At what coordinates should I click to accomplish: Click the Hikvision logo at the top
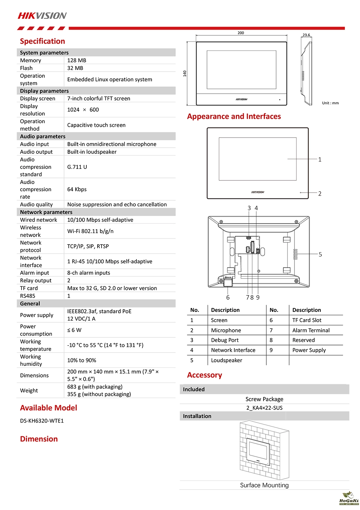pos(42,15)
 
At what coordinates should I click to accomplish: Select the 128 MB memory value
pos(77,61)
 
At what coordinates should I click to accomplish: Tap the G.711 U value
pos(77,167)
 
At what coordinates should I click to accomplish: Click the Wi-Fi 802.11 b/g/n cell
pos(90,231)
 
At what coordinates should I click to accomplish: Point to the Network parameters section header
pos(46,212)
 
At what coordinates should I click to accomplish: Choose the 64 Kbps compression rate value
pos(77,189)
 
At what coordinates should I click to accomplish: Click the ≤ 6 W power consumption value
pos(75,330)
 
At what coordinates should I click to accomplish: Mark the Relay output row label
pos(36,281)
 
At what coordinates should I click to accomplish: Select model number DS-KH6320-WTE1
pos(42,421)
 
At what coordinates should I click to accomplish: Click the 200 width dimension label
pos(241,33)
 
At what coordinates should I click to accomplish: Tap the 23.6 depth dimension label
pos(306,35)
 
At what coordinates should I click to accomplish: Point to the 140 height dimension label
pos(185,73)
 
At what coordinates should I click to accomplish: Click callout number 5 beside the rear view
pos(320,255)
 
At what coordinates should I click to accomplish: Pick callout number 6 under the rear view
pos(228,297)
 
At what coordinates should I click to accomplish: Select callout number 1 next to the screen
pos(320,160)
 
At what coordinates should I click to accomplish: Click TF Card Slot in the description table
pos(307,320)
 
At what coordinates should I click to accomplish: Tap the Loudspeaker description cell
pos(226,360)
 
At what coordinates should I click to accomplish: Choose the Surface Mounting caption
pos(264,485)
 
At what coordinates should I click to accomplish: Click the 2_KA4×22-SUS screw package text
pos(264,408)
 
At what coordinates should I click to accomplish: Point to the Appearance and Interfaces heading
pos(234,116)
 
